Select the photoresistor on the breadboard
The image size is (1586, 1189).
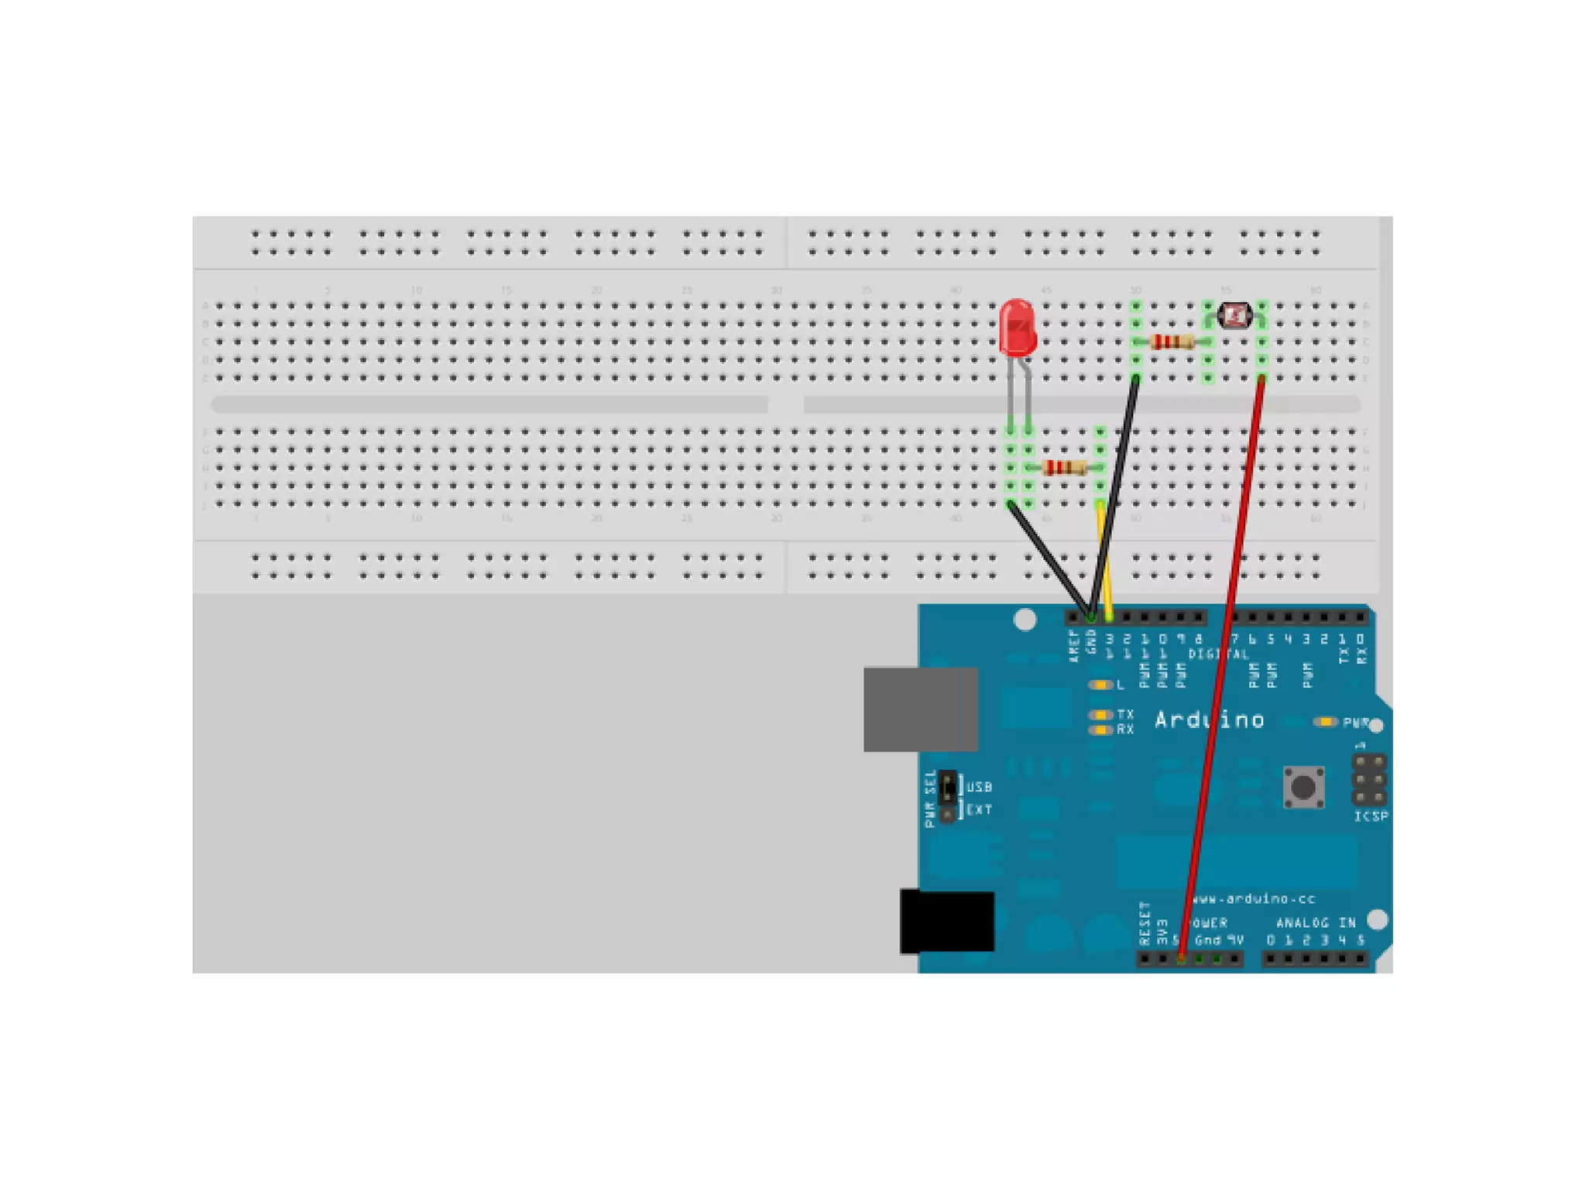pyautogui.click(x=1234, y=314)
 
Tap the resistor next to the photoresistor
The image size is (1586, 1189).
pyautogui.click(x=1172, y=342)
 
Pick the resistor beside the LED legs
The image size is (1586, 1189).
pyautogui.click(x=1064, y=467)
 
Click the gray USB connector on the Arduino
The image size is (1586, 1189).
pyautogui.click(x=920, y=709)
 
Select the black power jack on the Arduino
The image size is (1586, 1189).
pyautogui.click(x=947, y=922)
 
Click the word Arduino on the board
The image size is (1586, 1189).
pyautogui.click(x=1209, y=720)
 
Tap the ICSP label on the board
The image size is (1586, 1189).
pyautogui.click(x=1370, y=816)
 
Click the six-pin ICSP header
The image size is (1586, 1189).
pyautogui.click(x=1368, y=779)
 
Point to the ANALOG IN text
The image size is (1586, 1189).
pyautogui.click(x=1315, y=923)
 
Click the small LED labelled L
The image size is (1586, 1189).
pyautogui.click(x=1099, y=685)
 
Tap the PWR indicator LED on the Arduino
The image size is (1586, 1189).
pyautogui.click(x=1326, y=722)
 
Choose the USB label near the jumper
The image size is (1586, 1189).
pyautogui.click(x=979, y=787)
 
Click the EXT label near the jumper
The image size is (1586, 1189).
pyautogui.click(x=979, y=809)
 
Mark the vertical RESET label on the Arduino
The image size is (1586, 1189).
pyautogui.click(x=1145, y=923)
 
